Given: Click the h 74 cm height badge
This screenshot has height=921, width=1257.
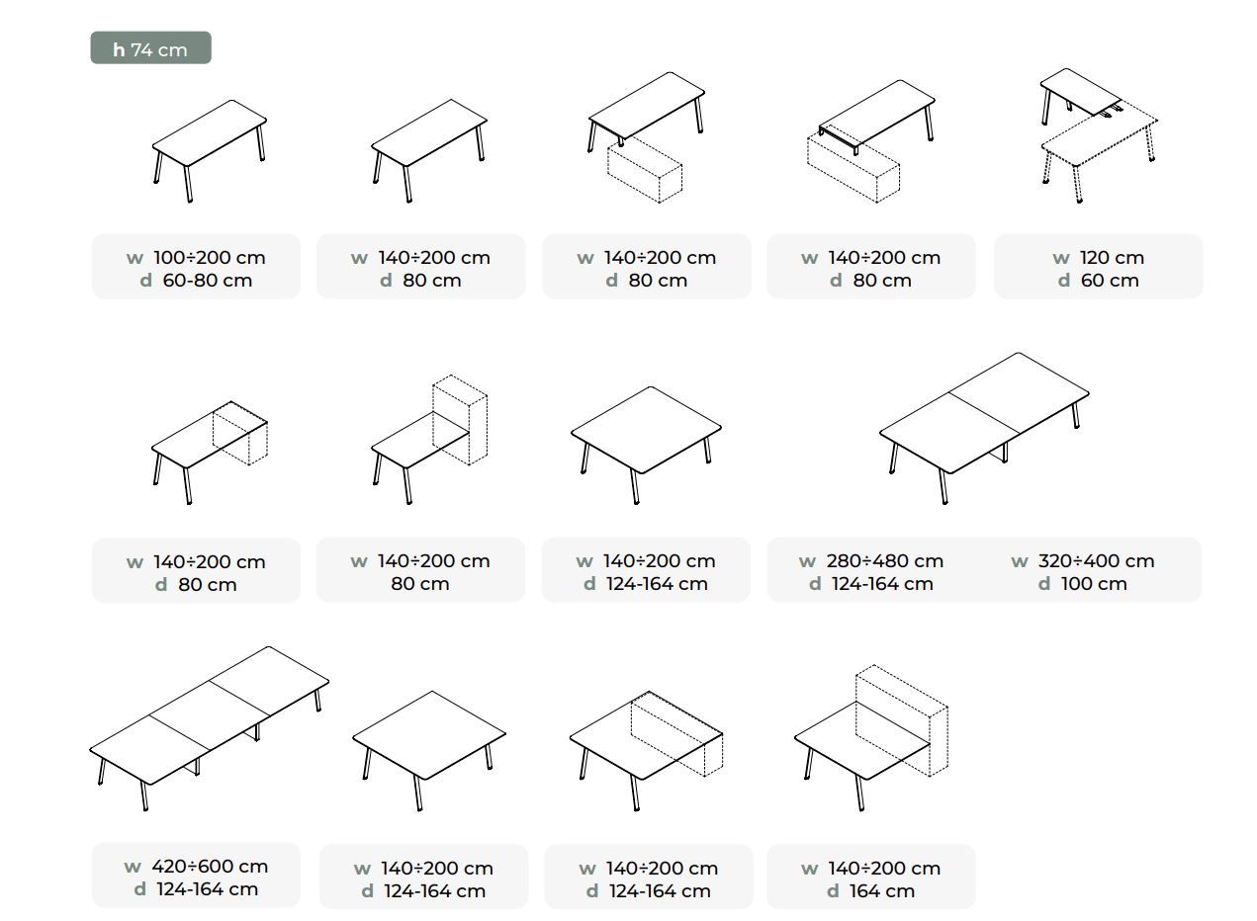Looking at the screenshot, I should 150,48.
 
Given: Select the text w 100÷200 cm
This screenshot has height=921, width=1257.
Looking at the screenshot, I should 196,257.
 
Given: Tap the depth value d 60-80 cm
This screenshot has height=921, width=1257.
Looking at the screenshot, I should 196,281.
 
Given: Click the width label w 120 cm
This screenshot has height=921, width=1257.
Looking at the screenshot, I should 1098,257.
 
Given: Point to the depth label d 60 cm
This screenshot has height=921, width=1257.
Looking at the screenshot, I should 1098,281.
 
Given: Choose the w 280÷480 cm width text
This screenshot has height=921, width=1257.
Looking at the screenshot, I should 871,560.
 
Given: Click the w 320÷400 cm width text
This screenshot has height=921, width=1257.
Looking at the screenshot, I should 1082,560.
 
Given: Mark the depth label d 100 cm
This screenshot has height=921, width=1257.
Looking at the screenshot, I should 1082,584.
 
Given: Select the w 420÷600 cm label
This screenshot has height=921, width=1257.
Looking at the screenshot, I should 196,866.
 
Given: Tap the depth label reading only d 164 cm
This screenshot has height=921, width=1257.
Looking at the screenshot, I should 870,891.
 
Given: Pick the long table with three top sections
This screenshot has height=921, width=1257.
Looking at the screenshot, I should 208,726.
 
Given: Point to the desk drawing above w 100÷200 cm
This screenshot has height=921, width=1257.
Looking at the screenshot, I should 210,148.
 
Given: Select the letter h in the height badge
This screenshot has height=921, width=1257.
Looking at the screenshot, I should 119,49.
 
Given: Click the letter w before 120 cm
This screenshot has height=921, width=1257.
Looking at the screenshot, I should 1061,258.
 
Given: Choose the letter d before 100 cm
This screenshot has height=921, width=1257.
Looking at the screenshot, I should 1044,584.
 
